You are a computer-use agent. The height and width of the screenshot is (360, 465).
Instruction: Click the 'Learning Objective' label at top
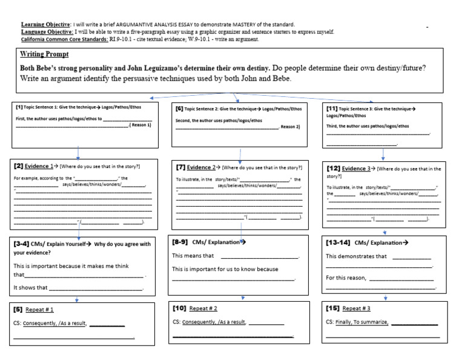(x=45, y=24)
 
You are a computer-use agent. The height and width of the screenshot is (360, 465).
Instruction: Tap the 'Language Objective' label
(x=46, y=32)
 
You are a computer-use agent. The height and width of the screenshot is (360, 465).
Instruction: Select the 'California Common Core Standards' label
(x=65, y=39)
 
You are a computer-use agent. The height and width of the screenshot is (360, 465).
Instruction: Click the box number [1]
(x=19, y=107)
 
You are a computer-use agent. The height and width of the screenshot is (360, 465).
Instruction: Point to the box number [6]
(x=180, y=108)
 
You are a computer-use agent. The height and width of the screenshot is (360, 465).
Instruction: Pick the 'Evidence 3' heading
(x=357, y=168)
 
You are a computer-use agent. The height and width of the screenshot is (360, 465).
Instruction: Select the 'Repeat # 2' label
(x=203, y=308)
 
